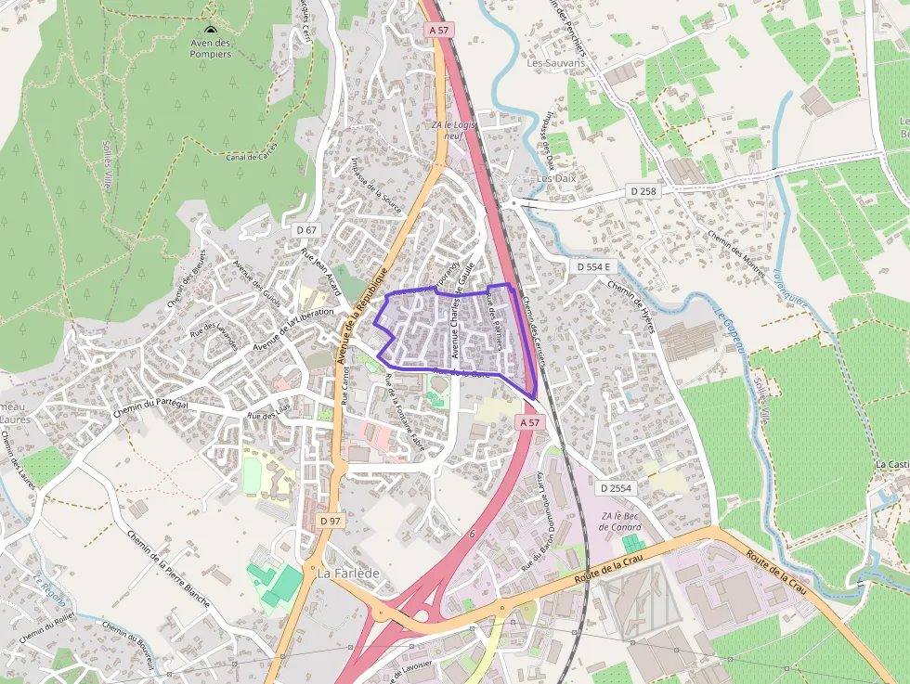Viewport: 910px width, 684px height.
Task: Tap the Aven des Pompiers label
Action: (x=210, y=47)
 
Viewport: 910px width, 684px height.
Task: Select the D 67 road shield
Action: (x=306, y=229)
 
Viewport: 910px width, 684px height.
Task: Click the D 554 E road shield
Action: (x=593, y=266)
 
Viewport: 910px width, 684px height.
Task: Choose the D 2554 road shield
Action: (x=615, y=487)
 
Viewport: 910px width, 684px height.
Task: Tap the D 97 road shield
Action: (x=331, y=521)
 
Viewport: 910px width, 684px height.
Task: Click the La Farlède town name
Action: (x=348, y=574)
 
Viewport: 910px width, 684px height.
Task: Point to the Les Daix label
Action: (x=557, y=178)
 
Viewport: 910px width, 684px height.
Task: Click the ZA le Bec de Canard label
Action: (x=621, y=522)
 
